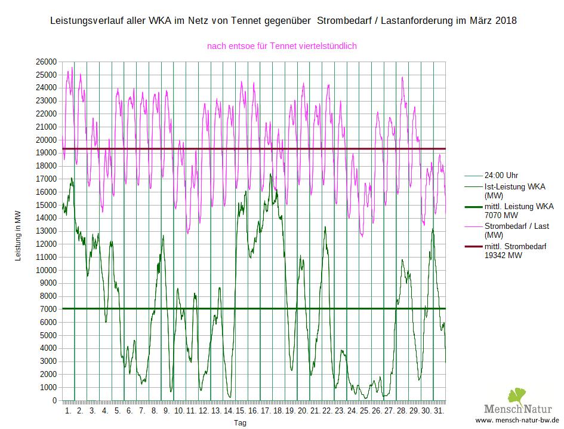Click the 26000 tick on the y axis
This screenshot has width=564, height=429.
[47, 62]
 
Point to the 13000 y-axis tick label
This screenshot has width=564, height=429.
[47, 231]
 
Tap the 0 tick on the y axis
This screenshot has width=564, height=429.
[54, 401]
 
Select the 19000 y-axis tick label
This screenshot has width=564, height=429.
[47, 153]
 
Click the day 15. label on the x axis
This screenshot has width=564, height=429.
[241, 412]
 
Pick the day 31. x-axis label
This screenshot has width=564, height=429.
[439, 412]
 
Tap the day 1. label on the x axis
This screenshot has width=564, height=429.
[68, 412]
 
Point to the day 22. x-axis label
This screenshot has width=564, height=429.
[327, 412]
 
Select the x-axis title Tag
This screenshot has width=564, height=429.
[240, 423]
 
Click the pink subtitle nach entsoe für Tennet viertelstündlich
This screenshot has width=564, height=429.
[282, 45]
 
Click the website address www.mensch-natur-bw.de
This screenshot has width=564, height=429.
[517, 420]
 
